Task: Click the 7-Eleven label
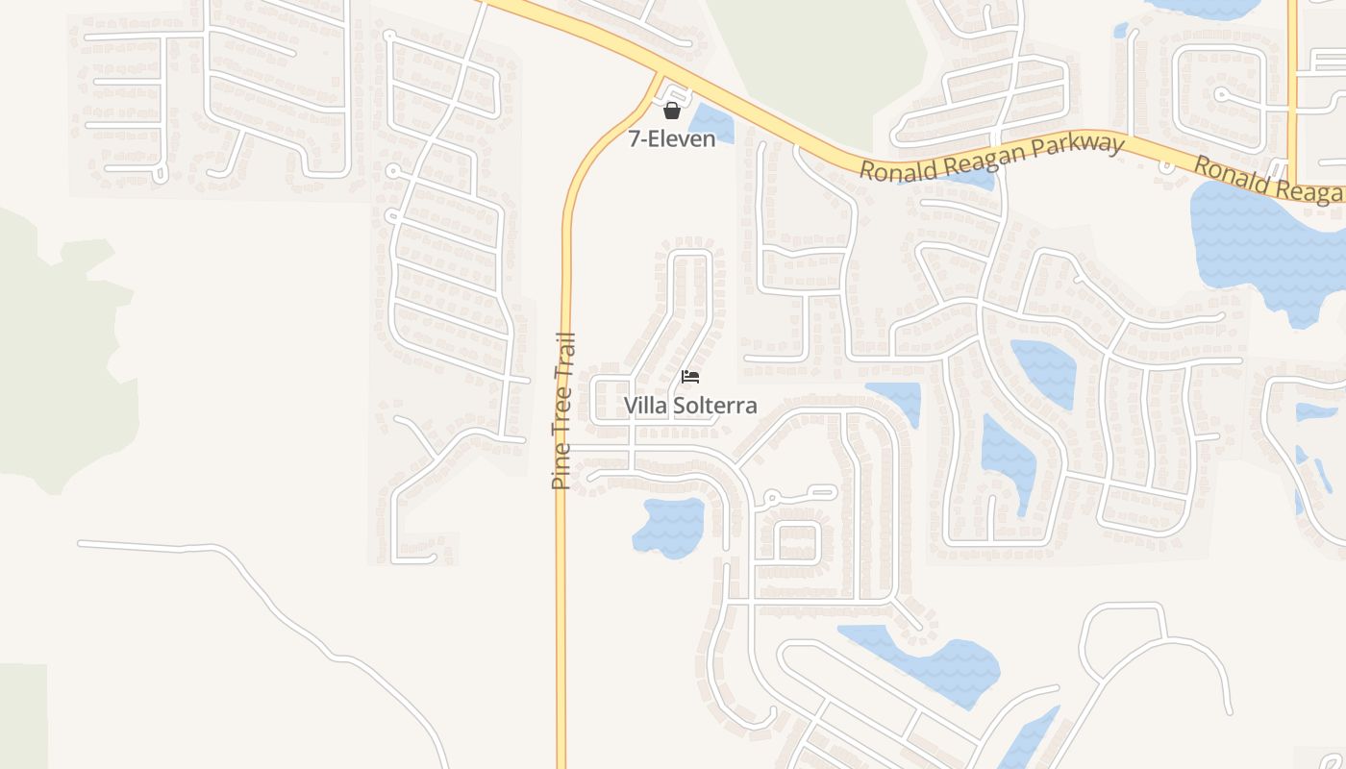pos(672,139)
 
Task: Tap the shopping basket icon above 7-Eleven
pos(672,111)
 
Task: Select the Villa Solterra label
pos(690,406)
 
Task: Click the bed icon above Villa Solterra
pos(690,377)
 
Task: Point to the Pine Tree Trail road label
pos(563,410)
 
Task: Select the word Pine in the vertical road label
pos(561,470)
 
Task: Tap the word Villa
pos(644,406)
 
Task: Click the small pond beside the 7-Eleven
pos(711,121)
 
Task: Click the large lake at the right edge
pos(1259,240)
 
